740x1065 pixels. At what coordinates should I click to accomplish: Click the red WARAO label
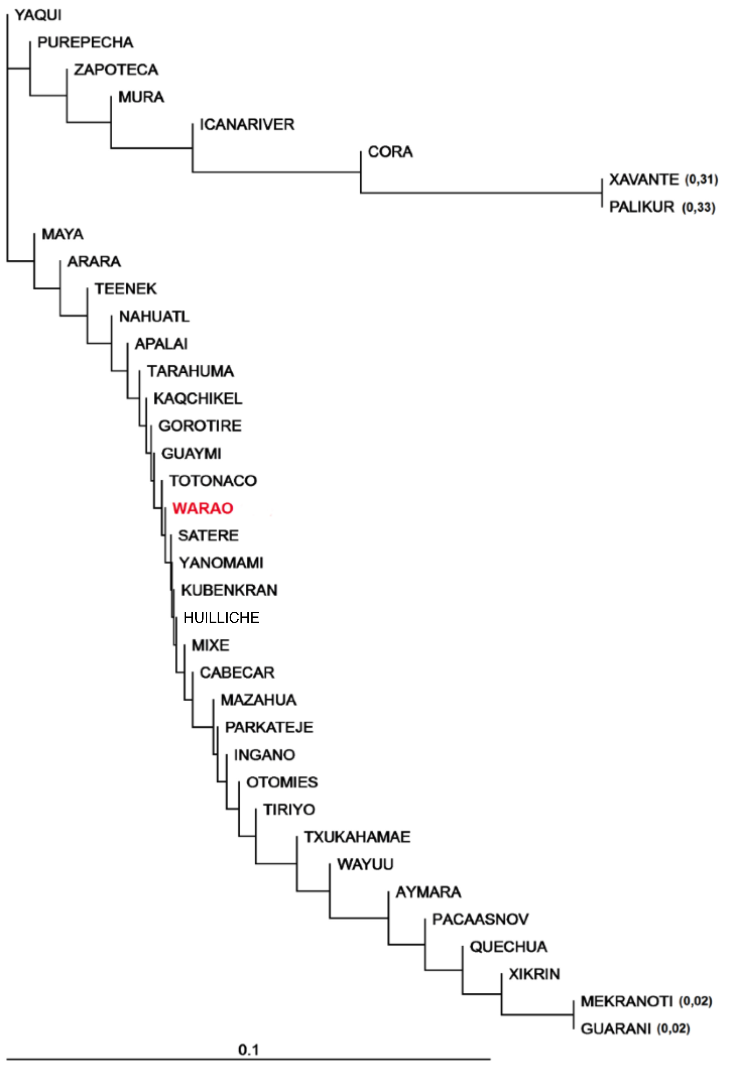click(203, 508)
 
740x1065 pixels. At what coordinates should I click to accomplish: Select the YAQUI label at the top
click(38, 15)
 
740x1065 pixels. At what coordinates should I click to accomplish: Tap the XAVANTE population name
click(643, 179)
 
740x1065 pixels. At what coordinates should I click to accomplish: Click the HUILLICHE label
click(221, 618)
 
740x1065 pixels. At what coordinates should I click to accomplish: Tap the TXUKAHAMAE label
click(357, 837)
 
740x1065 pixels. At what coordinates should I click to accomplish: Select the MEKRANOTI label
click(627, 1002)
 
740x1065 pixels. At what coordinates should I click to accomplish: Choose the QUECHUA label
click(508, 947)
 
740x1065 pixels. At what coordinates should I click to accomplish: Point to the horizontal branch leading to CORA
click(276, 172)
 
